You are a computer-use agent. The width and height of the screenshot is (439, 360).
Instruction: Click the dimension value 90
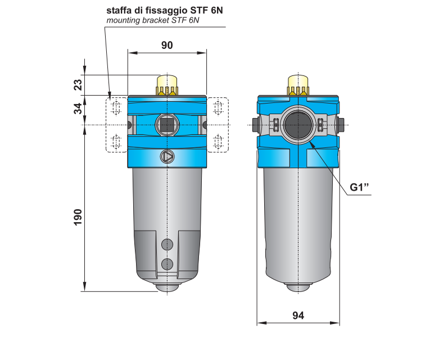pos(167,46)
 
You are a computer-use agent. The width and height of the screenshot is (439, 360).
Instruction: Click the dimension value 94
pos(298,316)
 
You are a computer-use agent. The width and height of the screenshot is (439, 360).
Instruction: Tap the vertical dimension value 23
pos(78,85)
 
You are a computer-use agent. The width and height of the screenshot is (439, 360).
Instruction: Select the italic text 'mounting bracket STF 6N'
pos(153,21)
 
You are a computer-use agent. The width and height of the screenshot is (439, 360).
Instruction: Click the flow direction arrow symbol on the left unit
pos(168,157)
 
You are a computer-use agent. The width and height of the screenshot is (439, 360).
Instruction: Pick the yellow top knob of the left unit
pos(168,85)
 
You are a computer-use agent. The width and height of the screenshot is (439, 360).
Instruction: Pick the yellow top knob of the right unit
pos(298,85)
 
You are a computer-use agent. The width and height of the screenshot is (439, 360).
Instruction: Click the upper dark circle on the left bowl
pos(167,244)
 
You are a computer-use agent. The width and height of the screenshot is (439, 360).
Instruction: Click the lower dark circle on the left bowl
pos(167,263)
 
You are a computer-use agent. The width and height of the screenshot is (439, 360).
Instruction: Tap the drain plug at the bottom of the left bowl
pos(167,287)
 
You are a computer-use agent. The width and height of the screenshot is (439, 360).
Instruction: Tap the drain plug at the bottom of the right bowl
pos(298,287)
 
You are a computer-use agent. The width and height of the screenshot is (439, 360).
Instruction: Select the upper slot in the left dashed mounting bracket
pos(116,108)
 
